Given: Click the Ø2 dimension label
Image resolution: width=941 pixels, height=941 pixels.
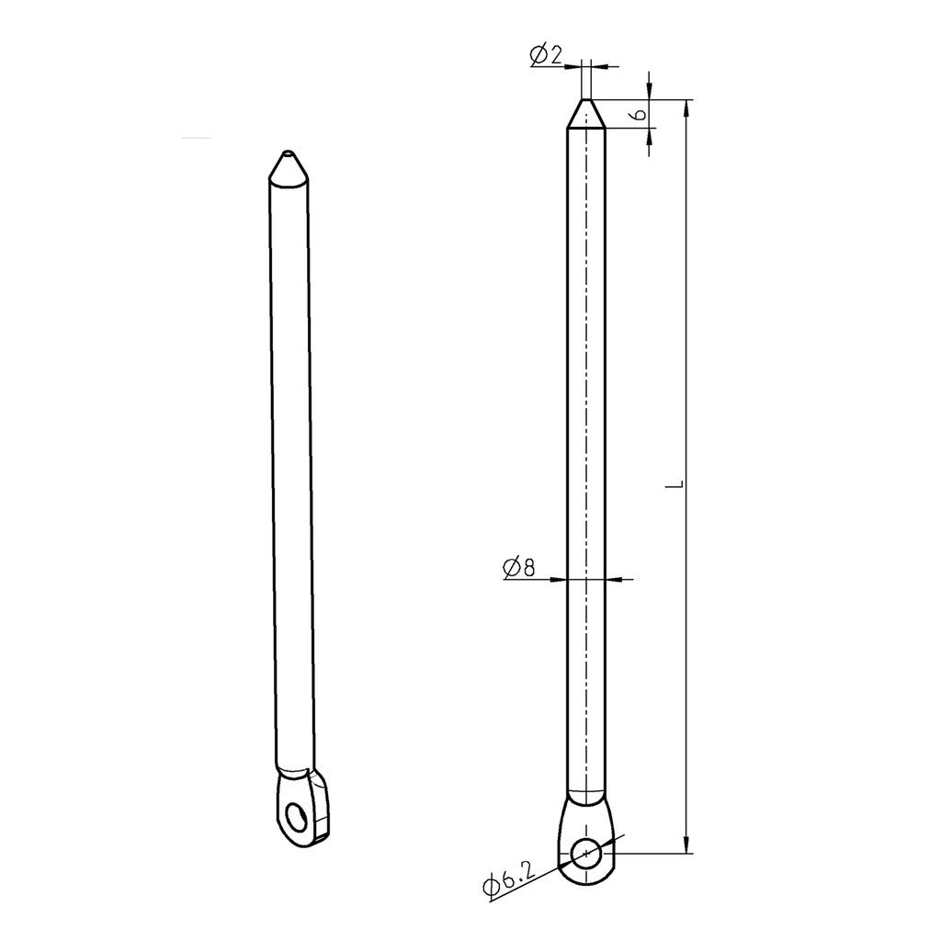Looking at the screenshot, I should click(545, 56).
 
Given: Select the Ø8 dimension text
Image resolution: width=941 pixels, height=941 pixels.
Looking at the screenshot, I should click(519, 568).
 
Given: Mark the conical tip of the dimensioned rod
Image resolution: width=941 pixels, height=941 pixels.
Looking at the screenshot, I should click(585, 114).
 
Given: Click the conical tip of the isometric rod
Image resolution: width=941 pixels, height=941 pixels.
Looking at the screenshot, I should click(289, 168).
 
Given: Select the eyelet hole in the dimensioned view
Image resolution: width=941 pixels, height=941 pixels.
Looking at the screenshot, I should click(585, 854).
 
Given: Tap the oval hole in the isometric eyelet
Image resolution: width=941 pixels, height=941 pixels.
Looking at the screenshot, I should click(296, 817).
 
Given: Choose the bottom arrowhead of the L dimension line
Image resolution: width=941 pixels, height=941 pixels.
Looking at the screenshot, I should click(686, 845).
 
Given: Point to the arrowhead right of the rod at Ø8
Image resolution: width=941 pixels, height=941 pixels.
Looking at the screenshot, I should click(614, 579).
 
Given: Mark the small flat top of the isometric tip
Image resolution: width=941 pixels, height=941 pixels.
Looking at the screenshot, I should click(289, 153).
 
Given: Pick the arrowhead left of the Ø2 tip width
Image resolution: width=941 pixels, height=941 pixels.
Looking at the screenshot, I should click(575, 66).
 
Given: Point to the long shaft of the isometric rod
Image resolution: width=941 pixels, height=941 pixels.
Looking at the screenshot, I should click(291, 459).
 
